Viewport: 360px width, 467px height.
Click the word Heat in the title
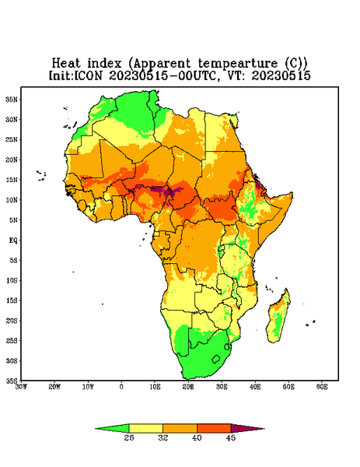[66, 64]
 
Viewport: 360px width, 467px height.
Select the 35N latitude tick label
[12, 99]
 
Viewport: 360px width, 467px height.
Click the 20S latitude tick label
[12, 321]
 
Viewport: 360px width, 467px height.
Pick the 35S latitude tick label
[12, 381]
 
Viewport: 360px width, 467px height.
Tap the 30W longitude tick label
[22, 387]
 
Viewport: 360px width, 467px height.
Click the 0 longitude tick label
[121, 387]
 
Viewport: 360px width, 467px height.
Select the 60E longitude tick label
[322, 387]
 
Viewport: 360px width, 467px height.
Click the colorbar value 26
[129, 437]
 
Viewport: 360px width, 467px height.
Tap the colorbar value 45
[231, 437]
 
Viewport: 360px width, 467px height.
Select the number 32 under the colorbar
[163, 437]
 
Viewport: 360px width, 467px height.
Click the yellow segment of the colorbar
[145, 428]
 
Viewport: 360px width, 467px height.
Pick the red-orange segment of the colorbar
[214, 428]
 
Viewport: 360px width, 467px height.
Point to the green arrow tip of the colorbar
[96, 429]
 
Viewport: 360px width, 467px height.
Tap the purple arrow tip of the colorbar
[264, 429]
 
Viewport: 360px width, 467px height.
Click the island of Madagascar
[279, 318]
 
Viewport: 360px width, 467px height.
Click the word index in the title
[104, 64]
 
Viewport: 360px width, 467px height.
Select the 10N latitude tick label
[12, 200]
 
